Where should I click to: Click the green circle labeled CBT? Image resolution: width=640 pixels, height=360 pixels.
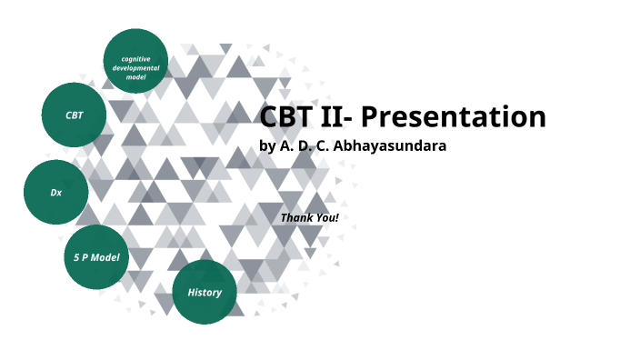pyautogui.click(x=75, y=115)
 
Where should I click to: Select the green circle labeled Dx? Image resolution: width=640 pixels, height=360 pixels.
pyautogui.click(x=55, y=193)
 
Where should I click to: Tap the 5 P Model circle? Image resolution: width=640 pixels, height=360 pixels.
pyautogui.click(x=96, y=257)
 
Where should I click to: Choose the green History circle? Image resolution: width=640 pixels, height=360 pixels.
pyautogui.click(x=205, y=292)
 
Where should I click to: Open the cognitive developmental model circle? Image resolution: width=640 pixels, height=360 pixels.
pyautogui.click(x=135, y=61)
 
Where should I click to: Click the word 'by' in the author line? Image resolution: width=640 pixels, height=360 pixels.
pyautogui.click(x=267, y=146)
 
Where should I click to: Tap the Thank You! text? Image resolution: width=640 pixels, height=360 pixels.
pyautogui.click(x=309, y=218)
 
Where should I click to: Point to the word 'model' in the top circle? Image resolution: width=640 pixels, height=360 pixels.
pyautogui.click(x=135, y=77)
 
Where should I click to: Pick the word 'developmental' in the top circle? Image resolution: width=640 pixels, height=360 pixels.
pyautogui.click(x=135, y=68)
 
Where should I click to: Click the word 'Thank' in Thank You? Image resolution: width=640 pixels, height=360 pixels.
pyautogui.click(x=298, y=218)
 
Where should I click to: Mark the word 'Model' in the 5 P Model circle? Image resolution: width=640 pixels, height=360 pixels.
pyautogui.click(x=107, y=257)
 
